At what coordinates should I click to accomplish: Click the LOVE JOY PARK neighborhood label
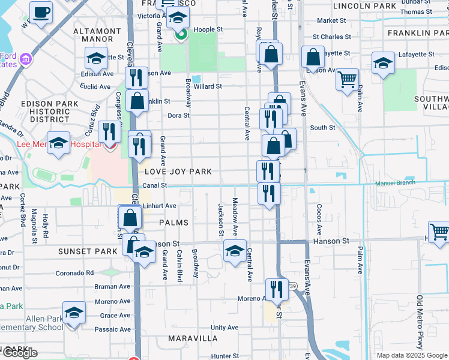[178, 172]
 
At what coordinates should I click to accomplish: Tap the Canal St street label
[155, 186]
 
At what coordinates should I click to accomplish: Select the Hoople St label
[206, 29]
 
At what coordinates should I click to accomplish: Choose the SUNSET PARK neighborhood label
[82, 251]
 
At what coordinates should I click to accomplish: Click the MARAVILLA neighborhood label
[193, 338]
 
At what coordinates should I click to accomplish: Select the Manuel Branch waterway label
[395, 183]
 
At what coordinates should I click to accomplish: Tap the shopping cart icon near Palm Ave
[347, 79]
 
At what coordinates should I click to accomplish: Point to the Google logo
[19, 353]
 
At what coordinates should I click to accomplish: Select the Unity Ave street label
[224, 328]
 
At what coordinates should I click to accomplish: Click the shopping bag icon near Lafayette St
[313, 58]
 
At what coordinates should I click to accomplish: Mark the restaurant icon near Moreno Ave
[276, 289]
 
